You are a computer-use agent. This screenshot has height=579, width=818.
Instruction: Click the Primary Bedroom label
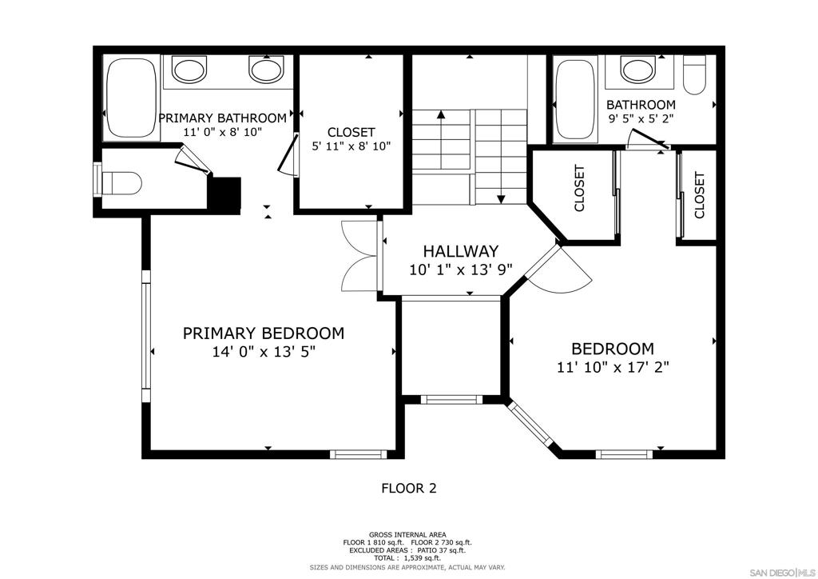click(x=264, y=333)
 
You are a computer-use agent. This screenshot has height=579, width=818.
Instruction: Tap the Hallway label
click(x=461, y=251)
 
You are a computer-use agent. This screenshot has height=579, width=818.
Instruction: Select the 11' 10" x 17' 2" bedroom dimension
click(x=613, y=368)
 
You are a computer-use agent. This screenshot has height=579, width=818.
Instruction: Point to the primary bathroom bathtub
click(x=132, y=98)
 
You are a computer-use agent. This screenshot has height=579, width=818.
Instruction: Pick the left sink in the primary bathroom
click(x=189, y=70)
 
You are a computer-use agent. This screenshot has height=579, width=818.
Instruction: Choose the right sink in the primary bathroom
click(x=266, y=70)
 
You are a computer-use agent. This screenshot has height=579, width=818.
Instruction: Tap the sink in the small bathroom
click(x=637, y=70)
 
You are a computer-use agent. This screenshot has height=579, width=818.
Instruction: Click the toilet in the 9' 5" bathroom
click(x=694, y=74)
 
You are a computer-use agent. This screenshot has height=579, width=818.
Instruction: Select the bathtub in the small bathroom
click(x=576, y=99)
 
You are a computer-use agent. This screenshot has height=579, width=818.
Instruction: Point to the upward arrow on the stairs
click(x=441, y=140)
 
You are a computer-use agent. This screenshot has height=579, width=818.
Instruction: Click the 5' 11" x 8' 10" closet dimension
click(x=351, y=146)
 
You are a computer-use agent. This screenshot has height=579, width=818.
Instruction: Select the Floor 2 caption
click(x=409, y=489)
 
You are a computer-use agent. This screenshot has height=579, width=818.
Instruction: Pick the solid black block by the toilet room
click(x=224, y=194)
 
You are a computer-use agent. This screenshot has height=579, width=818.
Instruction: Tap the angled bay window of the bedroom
click(x=530, y=424)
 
